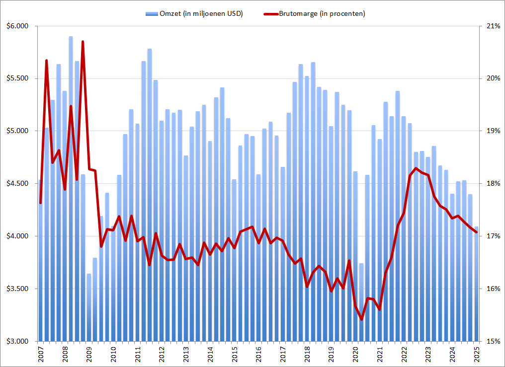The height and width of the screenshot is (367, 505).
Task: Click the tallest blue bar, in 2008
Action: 71,149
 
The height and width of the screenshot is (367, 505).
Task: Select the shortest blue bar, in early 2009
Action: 89,308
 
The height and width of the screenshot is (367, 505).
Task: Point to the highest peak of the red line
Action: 83,42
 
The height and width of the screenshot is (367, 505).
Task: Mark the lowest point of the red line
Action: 361,319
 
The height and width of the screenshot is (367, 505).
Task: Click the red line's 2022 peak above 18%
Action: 416,168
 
